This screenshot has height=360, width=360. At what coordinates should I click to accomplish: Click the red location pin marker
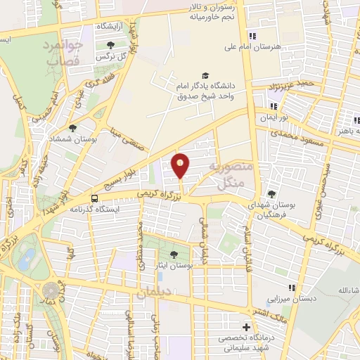point(181,166)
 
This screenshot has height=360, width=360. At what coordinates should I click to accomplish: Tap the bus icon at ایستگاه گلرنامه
point(95,199)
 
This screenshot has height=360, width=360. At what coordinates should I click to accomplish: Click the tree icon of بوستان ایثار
point(174,255)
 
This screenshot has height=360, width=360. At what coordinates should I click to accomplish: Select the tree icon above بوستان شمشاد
point(72,128)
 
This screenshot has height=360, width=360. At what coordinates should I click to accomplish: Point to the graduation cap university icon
point(205,76)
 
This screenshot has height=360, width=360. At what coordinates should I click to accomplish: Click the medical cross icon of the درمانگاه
point(245,328)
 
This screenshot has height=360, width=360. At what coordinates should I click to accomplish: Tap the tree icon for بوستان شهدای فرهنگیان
point(272,194)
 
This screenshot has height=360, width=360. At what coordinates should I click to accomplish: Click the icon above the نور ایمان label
point(274,106)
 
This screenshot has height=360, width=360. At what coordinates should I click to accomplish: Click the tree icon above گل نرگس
point(111,45)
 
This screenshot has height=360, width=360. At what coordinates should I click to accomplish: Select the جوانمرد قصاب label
point(64,52)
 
